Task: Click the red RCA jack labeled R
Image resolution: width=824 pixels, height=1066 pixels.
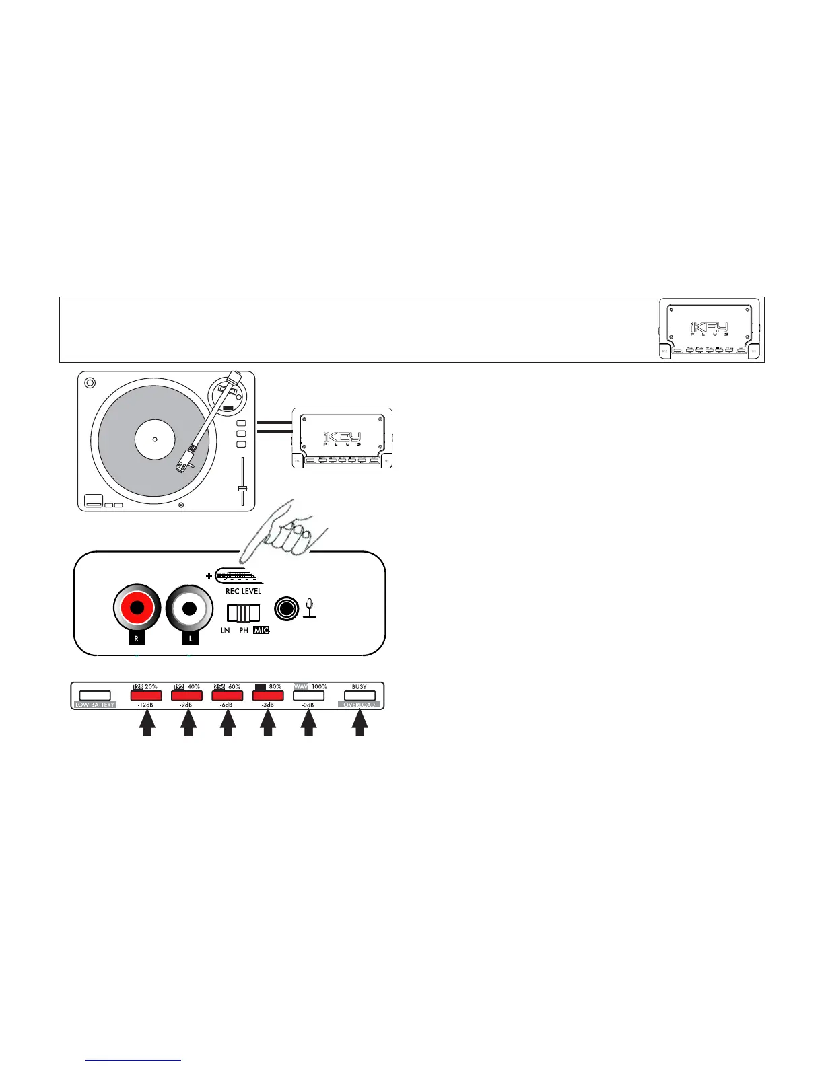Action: pyautogui.click(x=137, y=608)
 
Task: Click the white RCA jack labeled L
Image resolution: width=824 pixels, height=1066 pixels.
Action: pyautogui.click(x=189, y=608)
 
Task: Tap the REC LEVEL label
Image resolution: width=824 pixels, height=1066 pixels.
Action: pyautogui.click(x=243, y=591)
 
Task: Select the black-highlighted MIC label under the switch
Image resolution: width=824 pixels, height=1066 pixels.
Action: pyautogui.click(x=261, y=630)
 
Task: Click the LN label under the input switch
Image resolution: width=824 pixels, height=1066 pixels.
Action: pyautogui.click(x=225, y=630)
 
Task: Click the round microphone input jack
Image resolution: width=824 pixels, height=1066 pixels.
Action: pyautogui.click(x=286, y=609)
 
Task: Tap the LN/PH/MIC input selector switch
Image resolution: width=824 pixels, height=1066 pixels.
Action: pyautogui.click(x=243, y=613)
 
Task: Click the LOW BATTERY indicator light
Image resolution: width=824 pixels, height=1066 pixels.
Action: pyautogui.click(x=95, y=696)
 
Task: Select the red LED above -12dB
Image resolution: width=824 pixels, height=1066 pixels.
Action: pyautogui.click(x=146, y=696)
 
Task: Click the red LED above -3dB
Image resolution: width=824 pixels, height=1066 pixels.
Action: pyautogui.click(x=268, y=696)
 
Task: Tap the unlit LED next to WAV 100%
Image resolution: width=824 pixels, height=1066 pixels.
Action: pyautogui.click(x=308, y=696)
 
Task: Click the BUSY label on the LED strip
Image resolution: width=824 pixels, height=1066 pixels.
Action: pyautogui.click(x=359, y=687)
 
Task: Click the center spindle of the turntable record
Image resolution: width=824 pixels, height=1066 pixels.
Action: pyautogui.click(x=155, y=440)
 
